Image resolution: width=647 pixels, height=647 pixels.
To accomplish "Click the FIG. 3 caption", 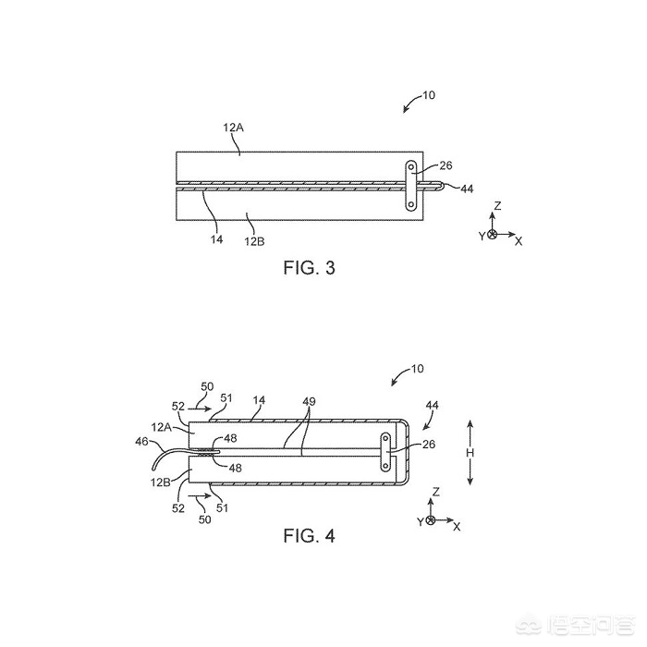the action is [x=309, y=268].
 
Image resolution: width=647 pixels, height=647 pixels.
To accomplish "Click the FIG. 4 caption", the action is [x=309, y=535].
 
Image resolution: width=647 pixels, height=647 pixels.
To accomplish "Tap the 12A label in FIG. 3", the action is [x=234, y=128].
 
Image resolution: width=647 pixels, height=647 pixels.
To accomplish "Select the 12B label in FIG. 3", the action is [x=254, y=241].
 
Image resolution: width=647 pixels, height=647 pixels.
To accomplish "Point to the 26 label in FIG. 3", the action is [x=446, y=165].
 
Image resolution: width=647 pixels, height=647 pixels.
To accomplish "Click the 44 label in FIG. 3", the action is [x=467, y=189].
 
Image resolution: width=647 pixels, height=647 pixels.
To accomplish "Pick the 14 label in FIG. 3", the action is [x=216, y=239].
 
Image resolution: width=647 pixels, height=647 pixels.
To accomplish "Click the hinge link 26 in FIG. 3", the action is [x=411, y=186].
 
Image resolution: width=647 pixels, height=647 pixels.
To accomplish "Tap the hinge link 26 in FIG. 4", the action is [x=385, y=451].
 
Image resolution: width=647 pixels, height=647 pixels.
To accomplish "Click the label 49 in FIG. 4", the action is [x=309, y=401].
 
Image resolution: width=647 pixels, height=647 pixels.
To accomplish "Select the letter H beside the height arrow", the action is [x=470, y=453].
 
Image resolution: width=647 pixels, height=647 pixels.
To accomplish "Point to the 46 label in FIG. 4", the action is [x=141, y=442].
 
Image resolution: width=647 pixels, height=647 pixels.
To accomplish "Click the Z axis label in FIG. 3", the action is [x=497, y=205].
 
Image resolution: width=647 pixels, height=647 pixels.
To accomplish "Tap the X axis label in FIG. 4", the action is [x=457, y=527].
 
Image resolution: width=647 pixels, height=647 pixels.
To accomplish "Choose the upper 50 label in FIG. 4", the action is [x=207, y=386].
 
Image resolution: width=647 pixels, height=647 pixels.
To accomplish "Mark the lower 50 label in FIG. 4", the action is [x=205, y=519].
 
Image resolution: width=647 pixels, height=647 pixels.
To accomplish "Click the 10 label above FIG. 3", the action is [x=429, y=95].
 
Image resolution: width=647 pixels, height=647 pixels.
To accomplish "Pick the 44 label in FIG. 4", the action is [x=432, y=405].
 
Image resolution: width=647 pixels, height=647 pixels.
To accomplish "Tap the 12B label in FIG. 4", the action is [x=161, y=482].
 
